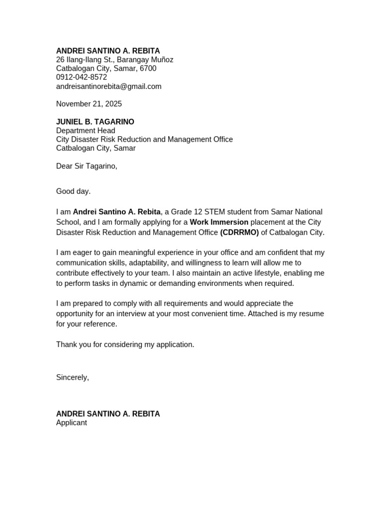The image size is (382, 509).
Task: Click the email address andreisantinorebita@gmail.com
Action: pyautogui.click(x=108, y=86)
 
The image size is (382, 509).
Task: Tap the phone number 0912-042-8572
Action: pyautogui.click(x=81, y=78)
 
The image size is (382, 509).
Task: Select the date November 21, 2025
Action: pyautogui.click(x=89, y=104)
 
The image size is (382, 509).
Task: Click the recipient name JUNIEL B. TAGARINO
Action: pyautogui.click(x=95, y=122)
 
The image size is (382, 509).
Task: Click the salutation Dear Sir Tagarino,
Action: pyautogui.click(x=87, y=166)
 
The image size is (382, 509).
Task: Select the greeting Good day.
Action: pyautogui.click(x=73, y=191)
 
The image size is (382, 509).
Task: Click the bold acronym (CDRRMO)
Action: pyautogui.click(x=239, y=232)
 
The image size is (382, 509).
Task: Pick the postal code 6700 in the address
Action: pyautogui.click(x=148, y=69)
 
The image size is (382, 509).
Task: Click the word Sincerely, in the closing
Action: pyautogui.click(x=72, y=377)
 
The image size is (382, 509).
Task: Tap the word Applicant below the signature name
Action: pyautogui.click(x=71, y=423)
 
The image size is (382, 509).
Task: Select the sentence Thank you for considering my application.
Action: pyautogui.click(x=125, y=344)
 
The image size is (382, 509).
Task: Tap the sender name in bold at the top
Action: pyautogui.click(x=108, y=51)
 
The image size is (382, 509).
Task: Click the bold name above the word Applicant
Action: pyautogui.click(x=108, y=414)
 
